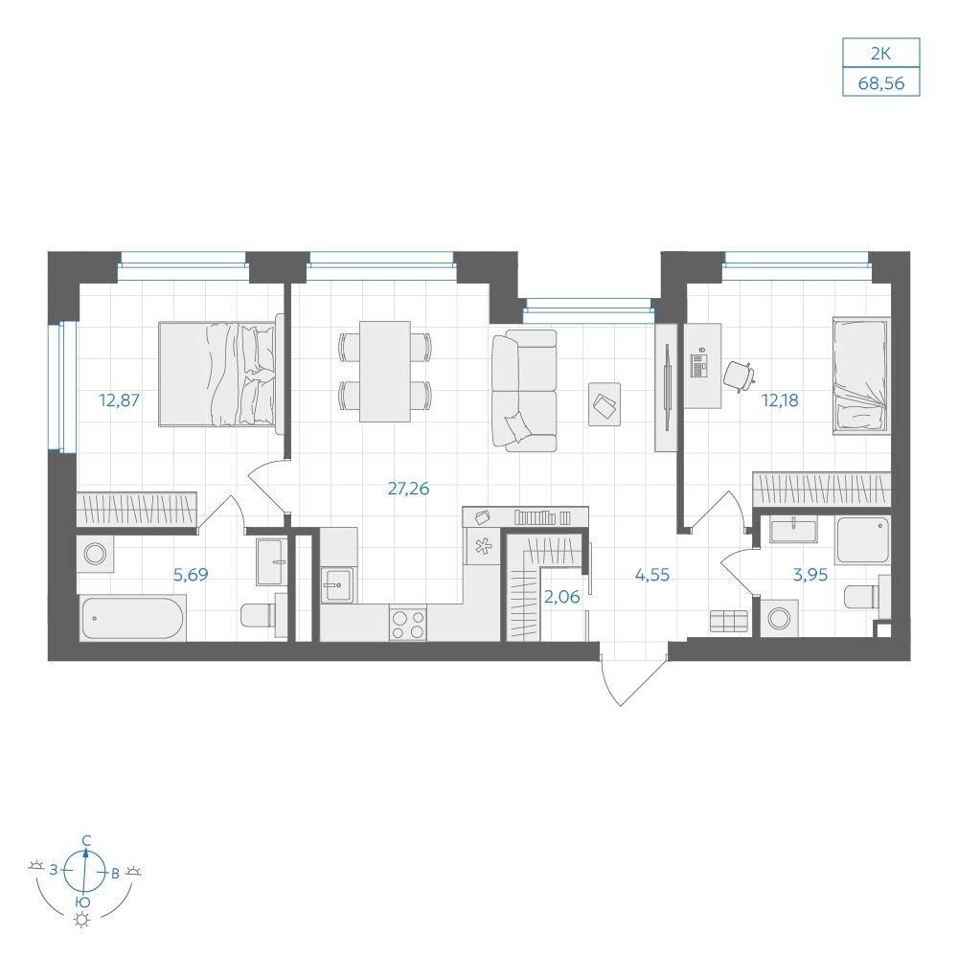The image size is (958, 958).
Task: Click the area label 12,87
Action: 119,400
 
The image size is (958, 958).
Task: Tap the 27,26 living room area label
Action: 408,489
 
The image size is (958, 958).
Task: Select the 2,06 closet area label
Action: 561,597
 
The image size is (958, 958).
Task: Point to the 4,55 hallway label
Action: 651,575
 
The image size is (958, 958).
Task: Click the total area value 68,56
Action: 881,83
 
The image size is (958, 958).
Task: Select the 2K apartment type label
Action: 880,54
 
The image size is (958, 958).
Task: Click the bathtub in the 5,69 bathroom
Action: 132,618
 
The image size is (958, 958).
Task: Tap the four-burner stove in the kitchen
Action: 408,625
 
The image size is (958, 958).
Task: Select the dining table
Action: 385,372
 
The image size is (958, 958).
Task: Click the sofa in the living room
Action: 524,391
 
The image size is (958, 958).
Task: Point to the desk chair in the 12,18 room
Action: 739,376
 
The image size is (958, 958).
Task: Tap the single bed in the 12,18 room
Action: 861,376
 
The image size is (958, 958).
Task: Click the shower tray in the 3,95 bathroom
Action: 863,540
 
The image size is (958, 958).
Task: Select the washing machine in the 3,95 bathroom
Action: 780,618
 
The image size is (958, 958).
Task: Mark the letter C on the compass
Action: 87,841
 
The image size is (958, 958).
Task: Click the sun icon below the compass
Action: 81,920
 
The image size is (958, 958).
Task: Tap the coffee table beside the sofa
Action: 604,404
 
